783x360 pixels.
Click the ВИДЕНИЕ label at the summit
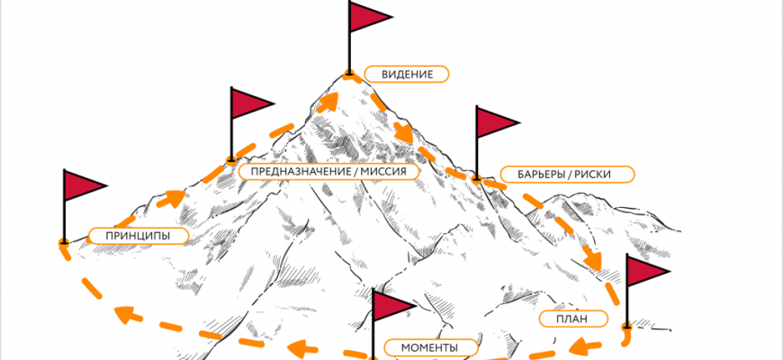click(407, 75)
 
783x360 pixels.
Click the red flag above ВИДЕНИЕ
click(366, 17)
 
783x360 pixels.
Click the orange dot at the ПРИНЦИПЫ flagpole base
click(64, 242)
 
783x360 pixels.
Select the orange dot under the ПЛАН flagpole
click(626, 325)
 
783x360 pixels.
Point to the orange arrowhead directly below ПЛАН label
click(587, 342)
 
